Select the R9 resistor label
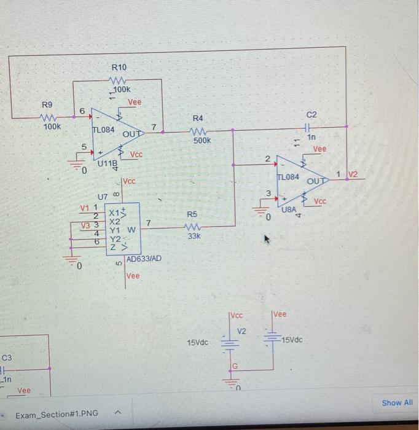tap(47, 104)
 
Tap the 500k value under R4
tap(202, 140)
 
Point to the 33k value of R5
tap(195, 236)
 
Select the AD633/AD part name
tap(144, 259)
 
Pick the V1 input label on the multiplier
tap(85, 208)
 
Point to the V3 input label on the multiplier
tap(85, 225)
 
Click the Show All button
tap(397, 402)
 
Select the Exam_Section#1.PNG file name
tap(57, 413)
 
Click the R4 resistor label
tap(197, 117)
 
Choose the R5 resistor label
tap(192, 214)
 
